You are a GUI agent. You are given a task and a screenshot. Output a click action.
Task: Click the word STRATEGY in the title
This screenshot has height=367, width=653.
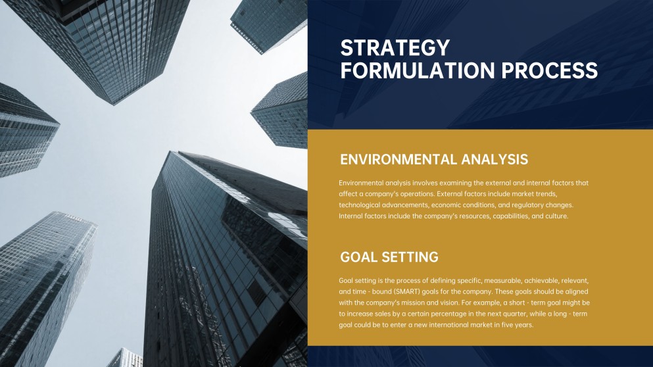[x=395, y=48]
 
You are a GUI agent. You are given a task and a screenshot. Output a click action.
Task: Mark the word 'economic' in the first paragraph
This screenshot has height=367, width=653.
[x=452, y=205]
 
